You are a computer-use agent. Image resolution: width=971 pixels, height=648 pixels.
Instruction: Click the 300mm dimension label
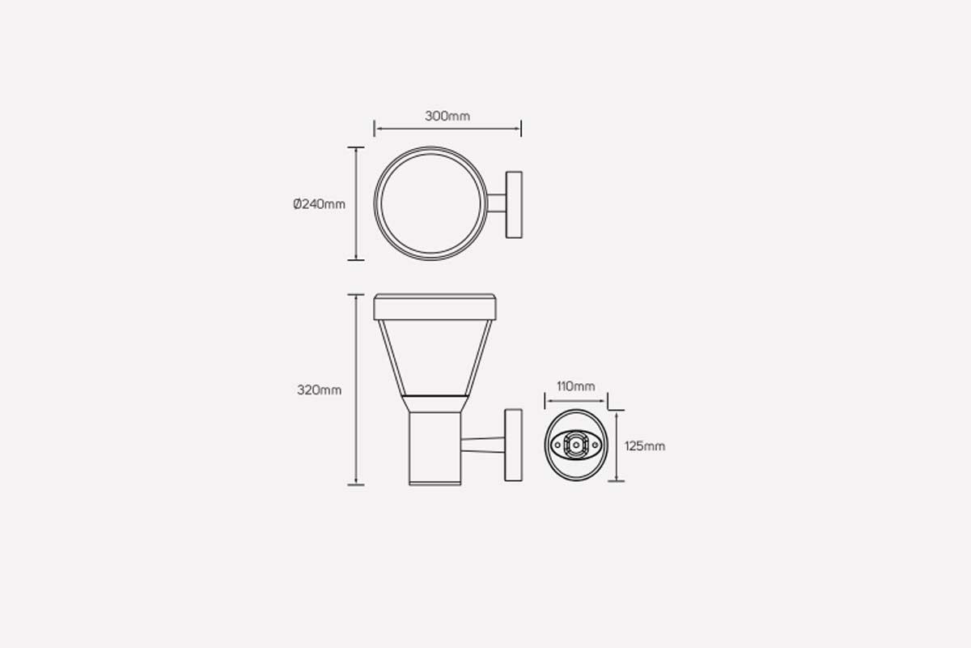(447, 116)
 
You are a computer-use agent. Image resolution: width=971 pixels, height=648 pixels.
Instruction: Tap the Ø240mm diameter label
(319, 204)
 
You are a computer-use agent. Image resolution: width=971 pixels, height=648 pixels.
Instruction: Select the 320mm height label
(319, 390)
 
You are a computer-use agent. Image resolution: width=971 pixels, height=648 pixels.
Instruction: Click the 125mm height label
(645, 446)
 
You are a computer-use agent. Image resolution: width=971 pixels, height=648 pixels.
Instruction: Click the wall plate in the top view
(513, 204)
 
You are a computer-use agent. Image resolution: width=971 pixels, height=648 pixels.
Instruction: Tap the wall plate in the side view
(513, 446)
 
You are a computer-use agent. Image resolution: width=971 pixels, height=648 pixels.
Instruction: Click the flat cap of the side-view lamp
(435, 306)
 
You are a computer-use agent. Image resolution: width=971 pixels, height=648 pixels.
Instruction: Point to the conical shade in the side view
(435, 356)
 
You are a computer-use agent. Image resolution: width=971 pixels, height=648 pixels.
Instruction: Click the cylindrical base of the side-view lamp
(435, 446)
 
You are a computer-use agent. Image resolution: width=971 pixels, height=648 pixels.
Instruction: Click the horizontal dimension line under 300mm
(447, 128)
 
